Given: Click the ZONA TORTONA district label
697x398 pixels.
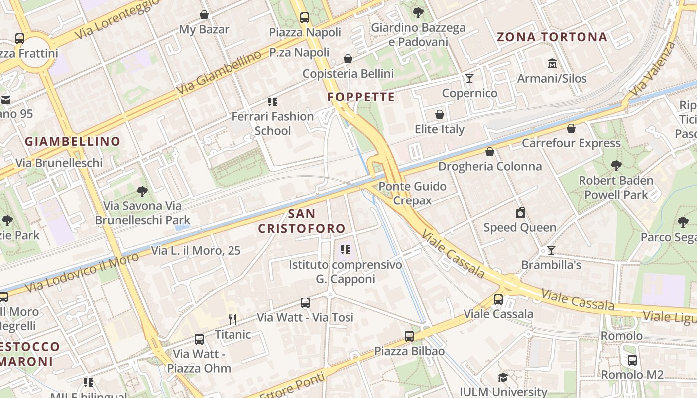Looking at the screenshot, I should coord(552,37).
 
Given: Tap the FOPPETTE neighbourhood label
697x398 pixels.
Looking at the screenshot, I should coord(361,97).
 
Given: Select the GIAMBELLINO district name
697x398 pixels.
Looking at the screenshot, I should coord(73,141).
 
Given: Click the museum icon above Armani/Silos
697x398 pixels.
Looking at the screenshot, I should coord(552,64).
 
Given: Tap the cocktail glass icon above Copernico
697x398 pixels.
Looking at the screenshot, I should coord(469,78).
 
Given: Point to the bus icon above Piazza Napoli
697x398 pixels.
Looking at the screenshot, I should coord(305,18).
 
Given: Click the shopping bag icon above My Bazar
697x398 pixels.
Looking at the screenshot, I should coord(204,15).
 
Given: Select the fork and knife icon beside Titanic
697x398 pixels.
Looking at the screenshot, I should coord(232,319).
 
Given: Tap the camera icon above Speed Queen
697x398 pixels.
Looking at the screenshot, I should coord(520,213).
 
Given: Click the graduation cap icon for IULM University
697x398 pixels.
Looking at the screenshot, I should coord(503,377).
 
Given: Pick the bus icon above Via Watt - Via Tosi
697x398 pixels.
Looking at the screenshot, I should coord(305,302).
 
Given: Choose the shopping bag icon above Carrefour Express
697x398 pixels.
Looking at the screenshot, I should coord(571,128).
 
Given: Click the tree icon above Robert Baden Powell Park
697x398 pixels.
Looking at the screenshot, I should coord(616,165).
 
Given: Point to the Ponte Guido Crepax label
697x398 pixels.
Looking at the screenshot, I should coord(412,193).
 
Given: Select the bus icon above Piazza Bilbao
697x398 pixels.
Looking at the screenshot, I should coord(409,336).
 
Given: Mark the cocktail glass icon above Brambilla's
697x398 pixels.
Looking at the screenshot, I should coord(551,250).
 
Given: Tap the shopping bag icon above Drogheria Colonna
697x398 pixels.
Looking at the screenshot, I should coord(490,152).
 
